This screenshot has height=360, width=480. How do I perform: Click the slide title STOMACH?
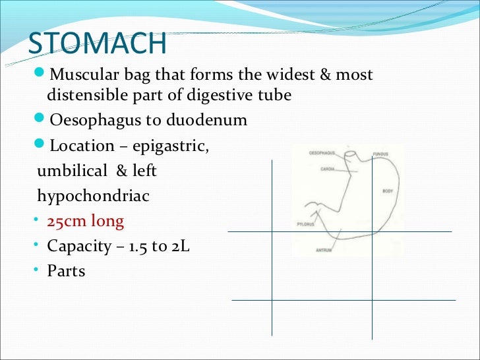[x=97, y=43]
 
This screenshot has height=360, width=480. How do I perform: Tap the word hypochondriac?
[x=94, y=196]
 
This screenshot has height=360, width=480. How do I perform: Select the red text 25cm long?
[x=85, y=222]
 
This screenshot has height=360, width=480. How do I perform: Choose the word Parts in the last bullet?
[x=66, y=271]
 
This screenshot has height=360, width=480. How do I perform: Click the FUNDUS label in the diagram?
[x=380, y=154]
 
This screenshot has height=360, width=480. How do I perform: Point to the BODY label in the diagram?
[x=388, y=191]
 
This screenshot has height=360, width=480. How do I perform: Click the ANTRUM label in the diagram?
[x=323, y=250]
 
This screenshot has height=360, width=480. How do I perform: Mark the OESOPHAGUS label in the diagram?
[x=322, y=153]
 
